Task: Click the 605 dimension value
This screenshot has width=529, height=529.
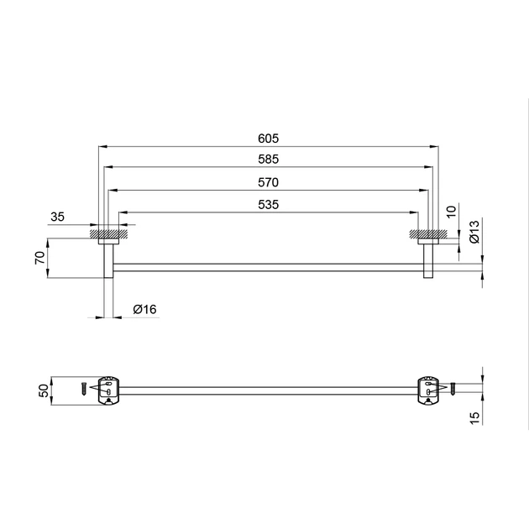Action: coord(268,139)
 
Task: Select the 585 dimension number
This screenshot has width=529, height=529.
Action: coord(268,160)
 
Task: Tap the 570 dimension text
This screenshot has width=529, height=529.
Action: coord(268,182)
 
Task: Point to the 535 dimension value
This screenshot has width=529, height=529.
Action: coord(268,205)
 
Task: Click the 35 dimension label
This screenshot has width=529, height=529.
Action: coord(57,217)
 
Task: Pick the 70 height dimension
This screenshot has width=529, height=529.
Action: coord(40,258)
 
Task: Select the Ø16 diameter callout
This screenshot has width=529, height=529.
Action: coord(144,309)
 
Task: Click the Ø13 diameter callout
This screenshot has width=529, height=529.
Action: coord(474,232)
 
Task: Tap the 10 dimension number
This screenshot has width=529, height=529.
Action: coord(451,212)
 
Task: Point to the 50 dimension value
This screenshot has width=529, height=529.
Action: coord(45,390)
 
